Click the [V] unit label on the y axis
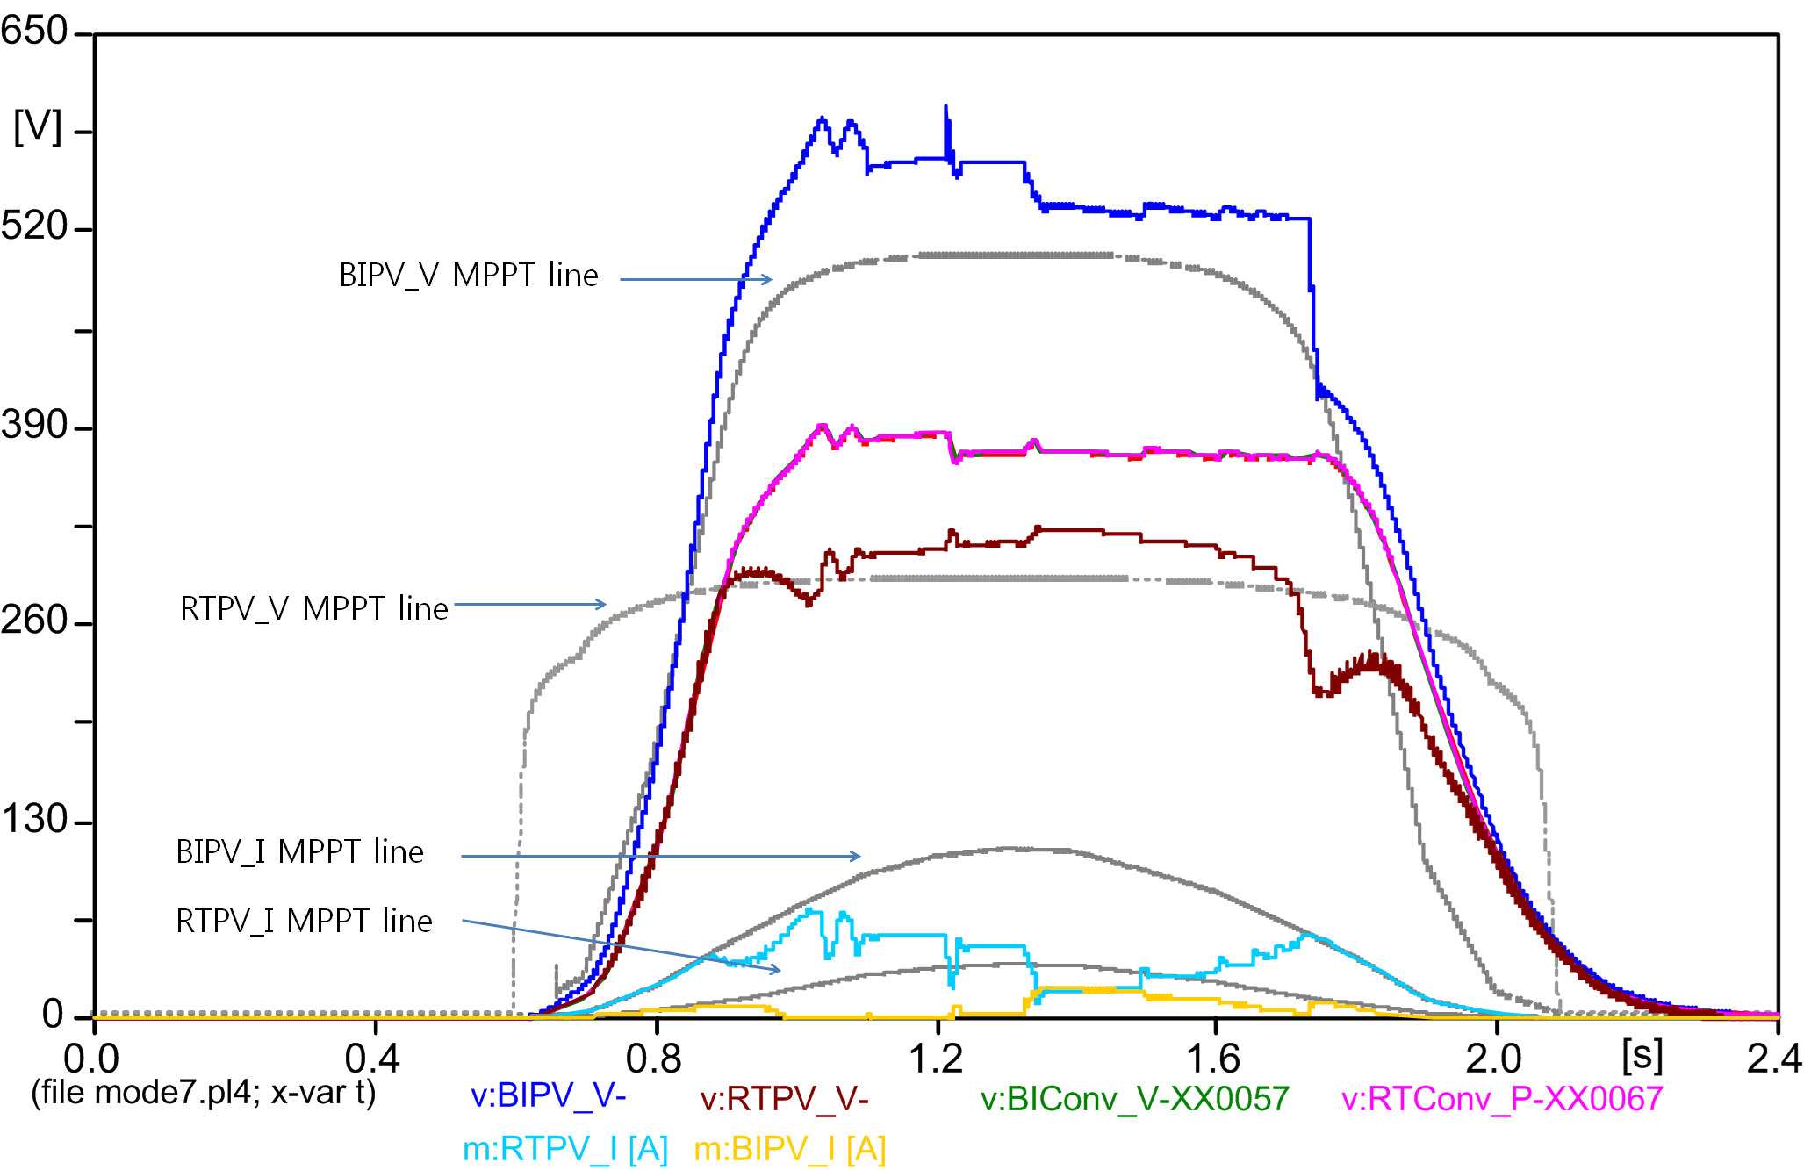[38, 128]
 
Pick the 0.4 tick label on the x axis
[372, 1059]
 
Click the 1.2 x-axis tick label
[936, 1059]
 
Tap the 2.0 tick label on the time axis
[1494, 1059]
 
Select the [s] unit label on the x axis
[1642, 1055]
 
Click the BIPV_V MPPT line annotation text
[469, 276]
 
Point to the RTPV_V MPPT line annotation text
[314, 608]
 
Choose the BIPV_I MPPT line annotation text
[300, 852]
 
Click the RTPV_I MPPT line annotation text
[305, 922]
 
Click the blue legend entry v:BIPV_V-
[549, 1096]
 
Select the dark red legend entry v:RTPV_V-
[784, 1099]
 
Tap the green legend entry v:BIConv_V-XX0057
[1134, 1099]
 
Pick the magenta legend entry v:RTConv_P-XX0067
[1502, 1099]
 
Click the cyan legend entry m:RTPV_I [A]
[565, 1149]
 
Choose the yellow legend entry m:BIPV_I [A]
[789, 1149]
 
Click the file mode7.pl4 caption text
[204, 1093]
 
